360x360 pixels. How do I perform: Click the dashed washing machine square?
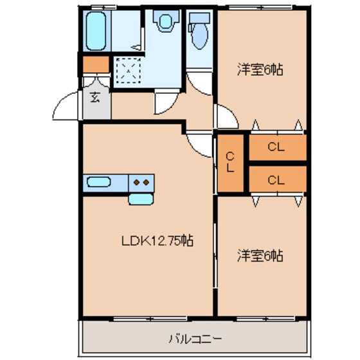[x=128, y=71]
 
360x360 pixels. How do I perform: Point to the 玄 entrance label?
[x=94, y=98]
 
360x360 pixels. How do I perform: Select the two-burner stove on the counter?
[x=143, y=182]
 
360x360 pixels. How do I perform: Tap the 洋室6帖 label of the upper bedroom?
[x=260, y=68]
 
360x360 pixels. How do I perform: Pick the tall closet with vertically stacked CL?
[x=230, y=162]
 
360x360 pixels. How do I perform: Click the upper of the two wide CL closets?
[x=276, y=147]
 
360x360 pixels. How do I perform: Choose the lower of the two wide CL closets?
[x=276, y=179]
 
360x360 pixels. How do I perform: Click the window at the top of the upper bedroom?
[x=260, y=8]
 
